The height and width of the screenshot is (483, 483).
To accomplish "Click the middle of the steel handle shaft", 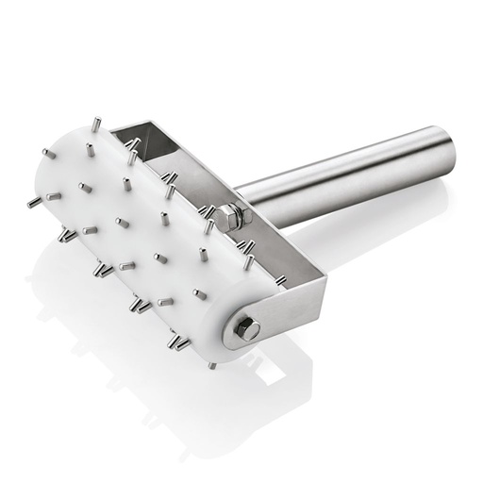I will (349, 179).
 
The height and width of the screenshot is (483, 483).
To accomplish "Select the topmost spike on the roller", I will (95, 124).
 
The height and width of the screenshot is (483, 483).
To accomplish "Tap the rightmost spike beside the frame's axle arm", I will (280, 279).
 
